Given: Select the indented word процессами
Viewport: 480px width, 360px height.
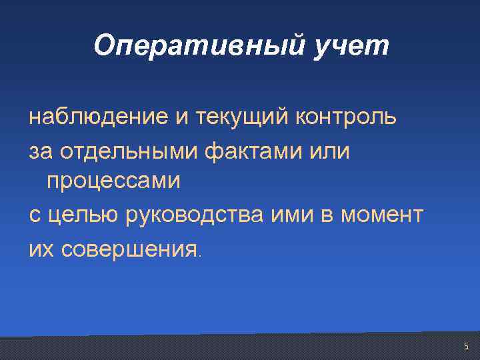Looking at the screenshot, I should (113, 181).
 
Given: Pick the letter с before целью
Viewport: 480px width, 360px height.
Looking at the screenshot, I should (34, 215).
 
